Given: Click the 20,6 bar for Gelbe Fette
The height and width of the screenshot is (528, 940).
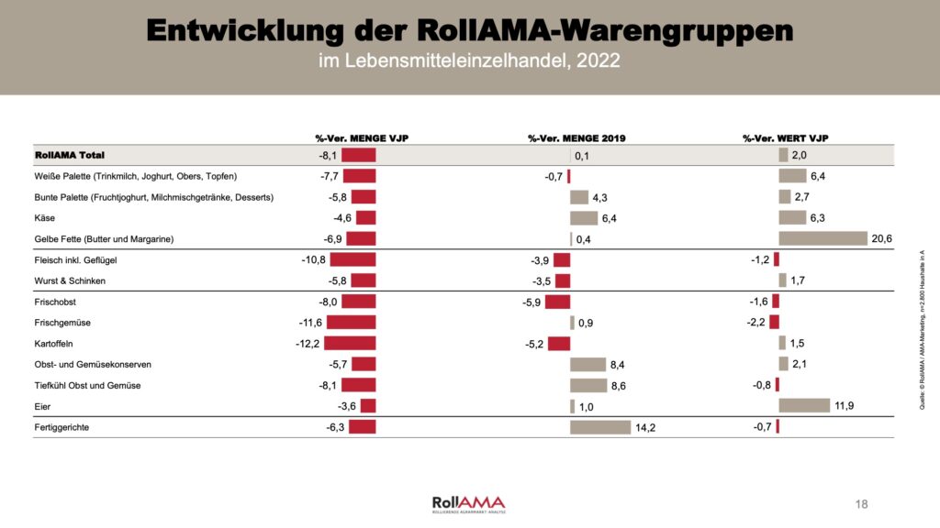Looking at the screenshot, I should tap(822, 238).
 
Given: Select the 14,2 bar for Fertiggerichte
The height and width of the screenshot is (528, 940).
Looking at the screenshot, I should tap(600, 427).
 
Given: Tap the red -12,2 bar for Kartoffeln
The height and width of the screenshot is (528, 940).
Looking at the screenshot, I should tap(351, 343).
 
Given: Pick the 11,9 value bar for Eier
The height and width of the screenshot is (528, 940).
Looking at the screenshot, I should tap(803, 406).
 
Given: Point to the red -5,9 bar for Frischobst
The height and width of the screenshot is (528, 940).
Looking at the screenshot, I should tap(557, 301).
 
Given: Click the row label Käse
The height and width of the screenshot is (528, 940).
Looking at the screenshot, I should tap(44, 218).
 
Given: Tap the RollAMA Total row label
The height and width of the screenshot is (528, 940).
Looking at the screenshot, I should tap(69, 156).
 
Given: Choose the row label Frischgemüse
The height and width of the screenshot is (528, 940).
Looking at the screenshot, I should tap(62, 323).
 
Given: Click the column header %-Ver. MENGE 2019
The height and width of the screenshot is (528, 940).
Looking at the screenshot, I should tap(576, 138).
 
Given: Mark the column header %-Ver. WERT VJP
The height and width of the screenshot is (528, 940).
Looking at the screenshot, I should tap(785, 138).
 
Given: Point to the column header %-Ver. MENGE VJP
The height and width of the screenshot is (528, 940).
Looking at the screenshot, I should tap(362, 138).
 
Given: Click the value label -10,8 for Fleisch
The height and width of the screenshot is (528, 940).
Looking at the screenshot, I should tap(313, 260).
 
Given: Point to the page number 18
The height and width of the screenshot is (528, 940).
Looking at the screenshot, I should tap(861, 504).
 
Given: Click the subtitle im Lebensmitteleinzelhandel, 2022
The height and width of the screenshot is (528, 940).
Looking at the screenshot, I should tap(469, 61).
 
